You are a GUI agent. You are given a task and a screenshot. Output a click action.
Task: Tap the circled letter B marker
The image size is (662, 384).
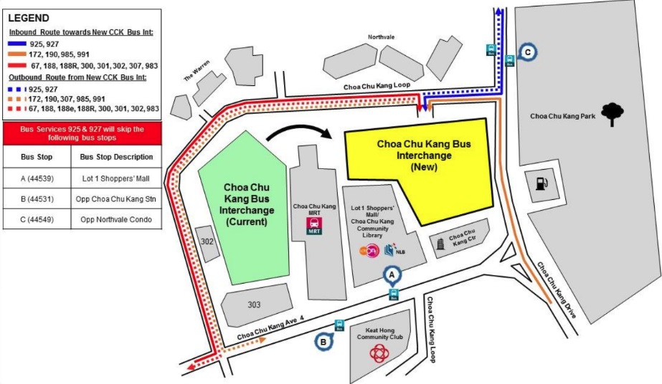coord(323,342)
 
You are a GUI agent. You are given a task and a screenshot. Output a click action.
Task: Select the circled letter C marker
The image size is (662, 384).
coord(528,52)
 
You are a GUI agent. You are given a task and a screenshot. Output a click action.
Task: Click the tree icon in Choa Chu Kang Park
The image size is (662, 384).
coord(611,113)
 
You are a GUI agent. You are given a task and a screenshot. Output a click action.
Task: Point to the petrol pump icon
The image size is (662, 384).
coord(539,184)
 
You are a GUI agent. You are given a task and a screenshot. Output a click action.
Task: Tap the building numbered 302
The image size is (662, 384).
coord(207,241)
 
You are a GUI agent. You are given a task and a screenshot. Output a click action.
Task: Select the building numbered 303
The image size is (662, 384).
coord(254,304)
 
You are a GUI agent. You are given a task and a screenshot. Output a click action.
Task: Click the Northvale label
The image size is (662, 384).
coord(382,37)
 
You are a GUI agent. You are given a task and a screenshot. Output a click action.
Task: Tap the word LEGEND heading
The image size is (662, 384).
coord(29,16)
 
